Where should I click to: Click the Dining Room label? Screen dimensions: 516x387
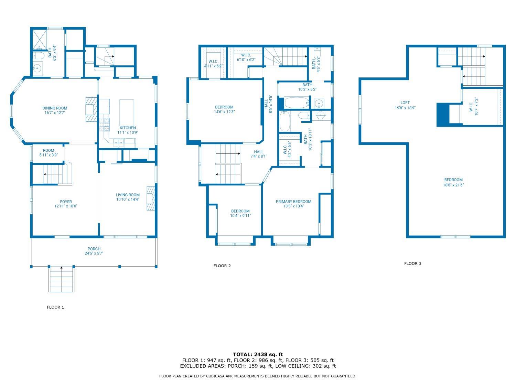[55, 108]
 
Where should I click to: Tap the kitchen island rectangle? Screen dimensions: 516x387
[127, 112]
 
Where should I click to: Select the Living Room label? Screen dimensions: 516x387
[128, 195]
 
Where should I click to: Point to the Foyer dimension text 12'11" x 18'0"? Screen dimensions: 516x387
[66, 206]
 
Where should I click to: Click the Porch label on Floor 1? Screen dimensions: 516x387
[94, 249]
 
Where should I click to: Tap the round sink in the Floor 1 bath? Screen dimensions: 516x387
[37, 68]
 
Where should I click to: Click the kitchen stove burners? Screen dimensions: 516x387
[104, 125]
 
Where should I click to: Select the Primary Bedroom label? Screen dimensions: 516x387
[293, 202]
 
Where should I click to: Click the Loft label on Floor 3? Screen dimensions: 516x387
[405, 103]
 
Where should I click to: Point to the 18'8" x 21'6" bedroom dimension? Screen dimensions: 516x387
[453, 185]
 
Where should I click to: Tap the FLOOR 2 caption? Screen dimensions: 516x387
[222, 266]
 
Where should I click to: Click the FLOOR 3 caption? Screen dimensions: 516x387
[413, 264]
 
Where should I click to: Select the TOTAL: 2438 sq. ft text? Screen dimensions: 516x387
[258, 354]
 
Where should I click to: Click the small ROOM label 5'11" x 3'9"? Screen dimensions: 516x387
[49, 153]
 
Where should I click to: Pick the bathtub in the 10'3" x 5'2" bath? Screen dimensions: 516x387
[297, 103]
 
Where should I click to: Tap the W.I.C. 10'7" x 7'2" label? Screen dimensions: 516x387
[474, 106]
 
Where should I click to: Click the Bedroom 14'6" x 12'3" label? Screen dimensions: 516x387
[224, 109]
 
